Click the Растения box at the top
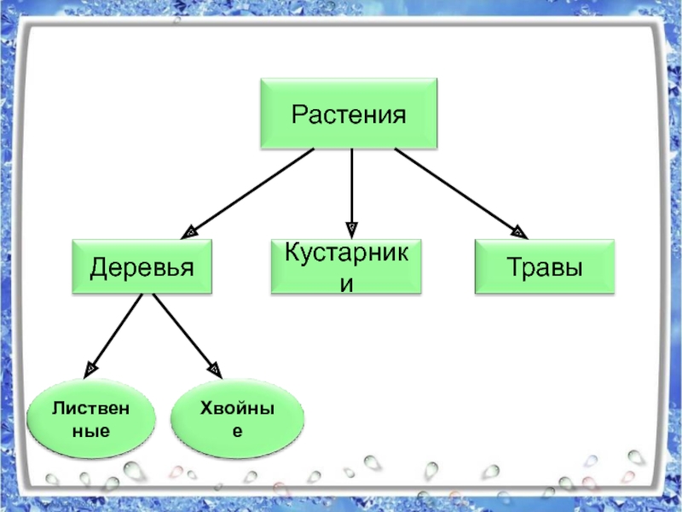point(348,113)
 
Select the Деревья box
point(142,267)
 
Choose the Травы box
point(545,267)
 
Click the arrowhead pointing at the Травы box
point(518,230)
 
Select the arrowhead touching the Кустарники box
point(351,230)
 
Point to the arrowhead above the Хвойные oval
point(215,369)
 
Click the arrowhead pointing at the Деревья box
point(192,230)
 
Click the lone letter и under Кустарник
point(345,282)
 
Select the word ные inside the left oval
point(91,432)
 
